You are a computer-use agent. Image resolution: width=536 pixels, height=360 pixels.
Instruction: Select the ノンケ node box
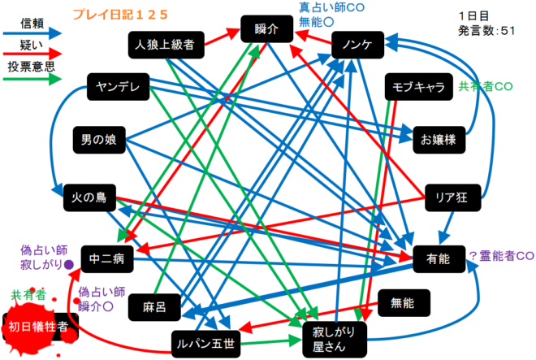point(358,45)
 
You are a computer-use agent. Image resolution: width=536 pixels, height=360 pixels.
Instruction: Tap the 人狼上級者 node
point(166,46)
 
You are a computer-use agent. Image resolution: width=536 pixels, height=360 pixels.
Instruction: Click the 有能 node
point(437,259)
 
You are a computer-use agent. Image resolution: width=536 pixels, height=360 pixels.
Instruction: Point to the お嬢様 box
point(439,139)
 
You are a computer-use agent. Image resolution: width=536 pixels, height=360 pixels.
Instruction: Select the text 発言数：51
point(486,30)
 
